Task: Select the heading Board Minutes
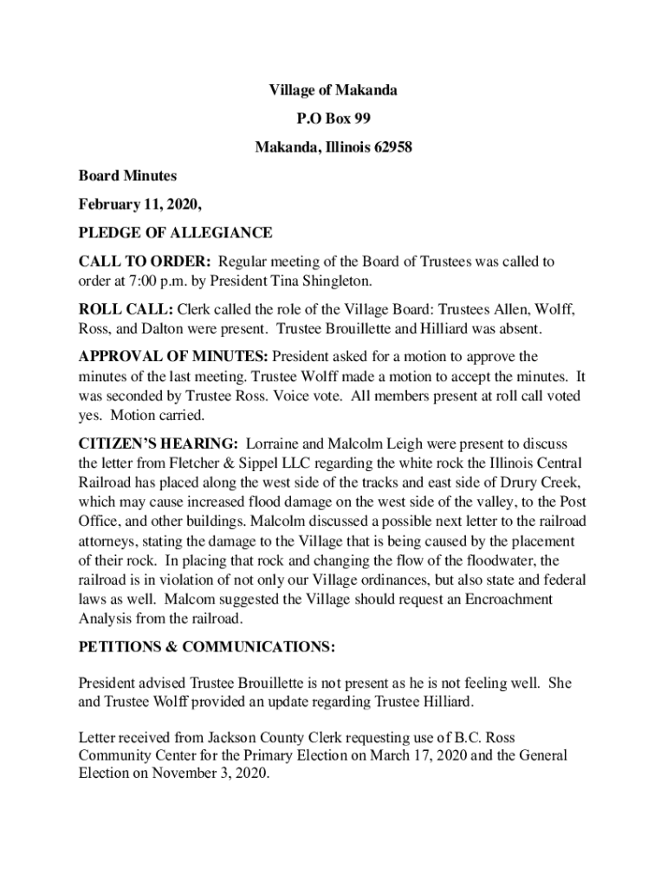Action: tap(127, 176)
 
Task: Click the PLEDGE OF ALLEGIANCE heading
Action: tap(175, 233)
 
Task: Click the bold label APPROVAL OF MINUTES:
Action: tap(173, 357)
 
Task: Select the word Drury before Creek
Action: tap(504, 481)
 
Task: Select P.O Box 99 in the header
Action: tap(333, 119)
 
